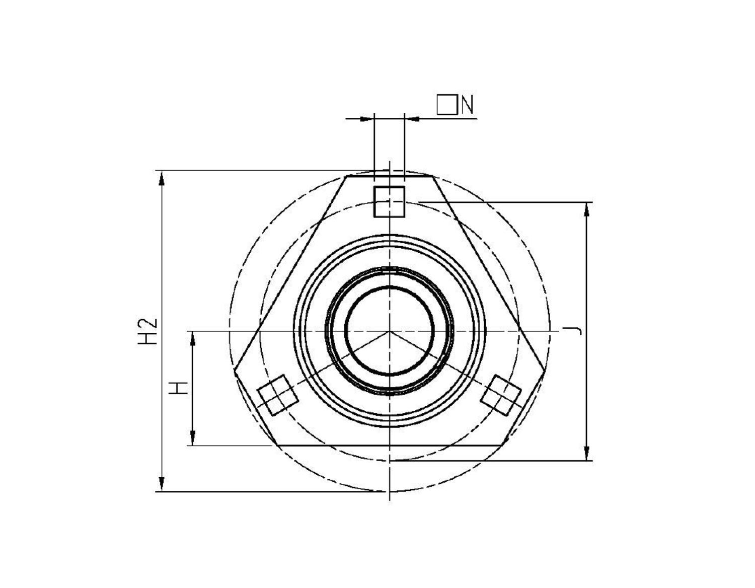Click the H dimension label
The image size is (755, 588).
tap(179, 388)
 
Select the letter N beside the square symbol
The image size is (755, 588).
tap(468, 105)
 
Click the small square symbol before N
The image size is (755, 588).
tap(446, 105)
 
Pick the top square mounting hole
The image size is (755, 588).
tap(389, 201)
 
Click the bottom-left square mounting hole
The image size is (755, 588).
tap(278, 395)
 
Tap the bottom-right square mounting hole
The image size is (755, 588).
tap(501, 395)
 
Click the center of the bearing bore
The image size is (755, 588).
tap(389, 331)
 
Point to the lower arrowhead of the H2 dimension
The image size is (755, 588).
tap(162, 484)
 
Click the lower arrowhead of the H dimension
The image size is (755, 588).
tap(192, 438)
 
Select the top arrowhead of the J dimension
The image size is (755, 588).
tap(586, 209)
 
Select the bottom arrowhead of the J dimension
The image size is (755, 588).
tap(586, 453)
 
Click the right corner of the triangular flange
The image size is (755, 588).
tap(543, 369)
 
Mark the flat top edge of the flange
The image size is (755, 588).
tap(389, 176)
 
